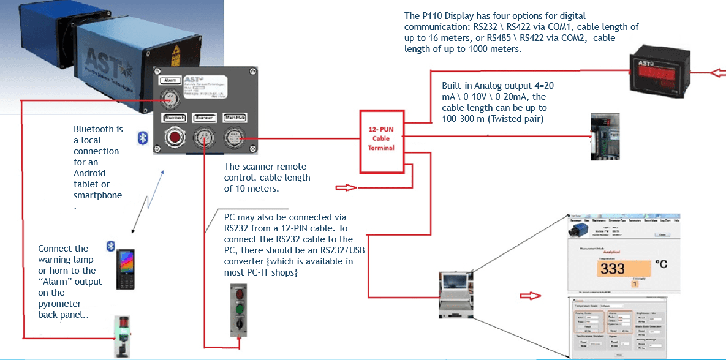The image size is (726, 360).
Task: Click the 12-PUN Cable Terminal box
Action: click(x=380, y=138)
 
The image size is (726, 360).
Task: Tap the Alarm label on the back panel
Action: click(x=169, y=80)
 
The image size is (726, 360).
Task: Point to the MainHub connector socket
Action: click(x=234, y=138)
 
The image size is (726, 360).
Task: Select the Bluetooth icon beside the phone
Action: click(x=111, y=246)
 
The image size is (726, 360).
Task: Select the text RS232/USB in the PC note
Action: click(x=334, y=250)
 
